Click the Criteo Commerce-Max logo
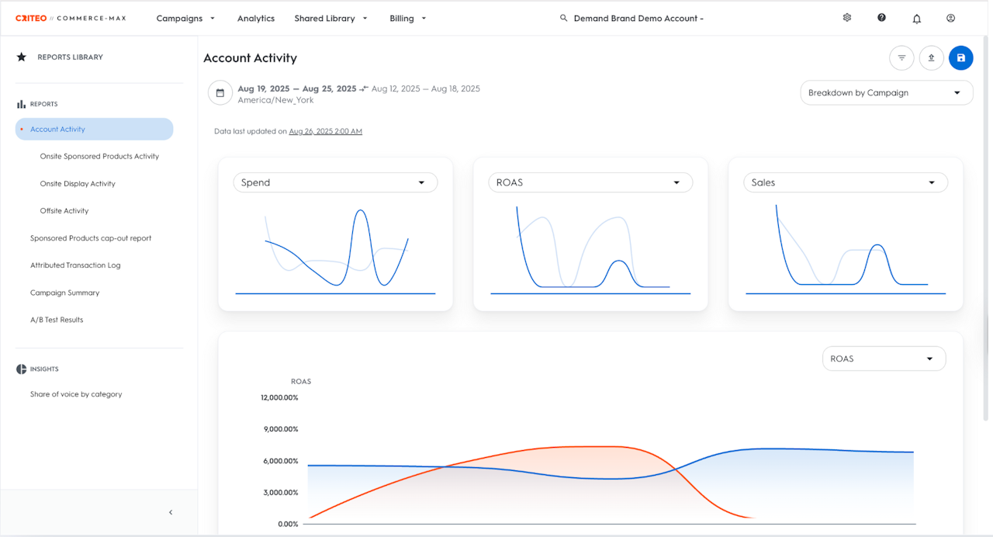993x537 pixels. [x=71, y=18]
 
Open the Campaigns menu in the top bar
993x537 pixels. [x=185, y=19]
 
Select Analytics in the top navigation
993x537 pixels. [x=256, y=19]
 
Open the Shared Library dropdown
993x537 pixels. [x=330, y=19]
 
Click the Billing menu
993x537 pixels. [x=408, y=19]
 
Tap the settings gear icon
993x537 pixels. [x=847, y=18]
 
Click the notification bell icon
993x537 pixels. [x=917, y=19]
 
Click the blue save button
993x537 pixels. [x=960, y=58]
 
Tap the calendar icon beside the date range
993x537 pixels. [x=220, y=93]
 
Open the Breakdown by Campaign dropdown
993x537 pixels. [x=886, y=93]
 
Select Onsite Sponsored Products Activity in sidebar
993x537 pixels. [x=99, y=157]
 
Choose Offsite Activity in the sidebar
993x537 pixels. [x=64, y=211]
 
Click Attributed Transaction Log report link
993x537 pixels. [x=75, y=265]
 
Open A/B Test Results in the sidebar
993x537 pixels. [x=57, y=320]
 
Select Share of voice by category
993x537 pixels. [x=76, y=394]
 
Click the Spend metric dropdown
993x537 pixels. [x=335, y=183]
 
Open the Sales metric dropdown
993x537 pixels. [x=845, y=183]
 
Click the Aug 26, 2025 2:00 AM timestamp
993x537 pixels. [x=325, y=132]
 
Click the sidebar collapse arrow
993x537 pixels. [x=171, y=512]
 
